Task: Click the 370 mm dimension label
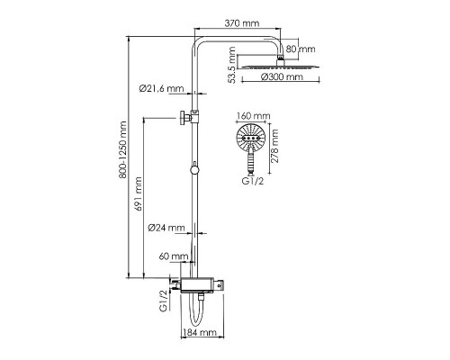point(242,23)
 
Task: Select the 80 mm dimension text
point(301,49)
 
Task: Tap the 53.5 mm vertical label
point(232,65)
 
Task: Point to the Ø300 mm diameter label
point(282,76)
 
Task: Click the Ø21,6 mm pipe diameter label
point(161,88)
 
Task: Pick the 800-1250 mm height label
point(122,150)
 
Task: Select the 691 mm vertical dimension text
point(139,193)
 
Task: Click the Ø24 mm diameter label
point(166,228)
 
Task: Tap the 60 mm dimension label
point(174,256)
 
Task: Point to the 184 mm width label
point(200,332)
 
